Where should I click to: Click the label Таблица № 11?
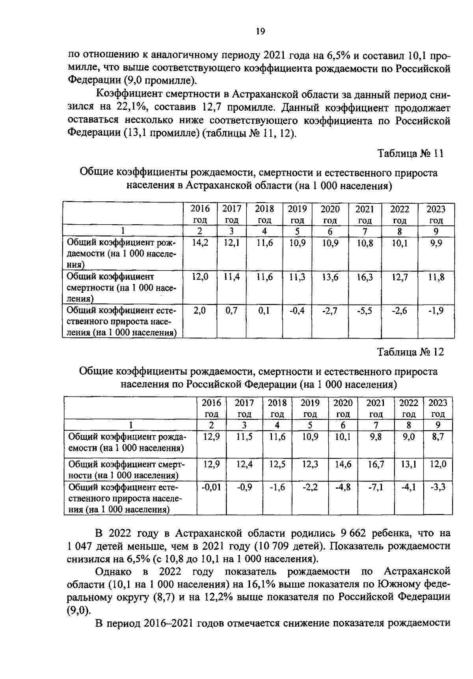pyautogui.click(x=410, y=154)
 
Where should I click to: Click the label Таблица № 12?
pyautogui.click(x=410, y=352)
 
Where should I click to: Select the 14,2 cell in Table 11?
pyautogui.click(x=200, y=244)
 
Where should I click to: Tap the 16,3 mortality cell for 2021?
pyautogui.click(x=365, y=277)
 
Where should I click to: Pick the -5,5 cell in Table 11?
pyautogui.click(x=365, y=311)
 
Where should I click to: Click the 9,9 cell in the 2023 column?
pyautogui.click(x=436, y=244)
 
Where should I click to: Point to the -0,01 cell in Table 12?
pyautogui.click(x=211, y=487)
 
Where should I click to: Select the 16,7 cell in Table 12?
pyautogui.click(x=376, y=464)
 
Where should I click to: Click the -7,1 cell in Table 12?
pyautogui.click(x=376, y=487)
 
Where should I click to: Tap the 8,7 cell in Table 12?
pyautogui.click(x=438, y=437)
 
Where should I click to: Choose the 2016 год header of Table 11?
pyautogui.click(x=200, y=214)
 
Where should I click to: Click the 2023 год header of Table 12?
pyautogui.click(x=438, y=408)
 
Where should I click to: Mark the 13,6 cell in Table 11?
pyautogui.click(x=330, y=277)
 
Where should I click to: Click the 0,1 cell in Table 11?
pyautogui.click(x=264, y=311)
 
